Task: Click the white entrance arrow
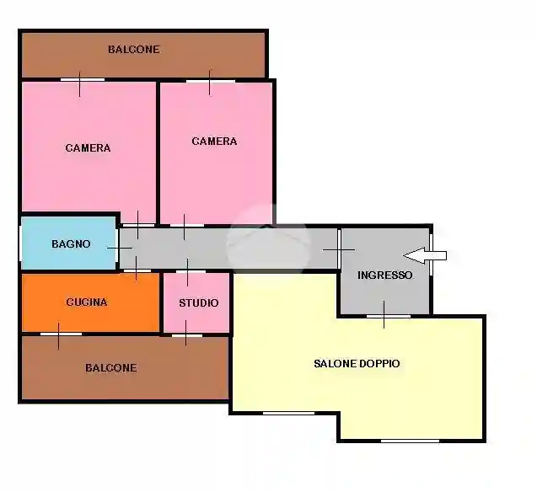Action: (x=425, y=255)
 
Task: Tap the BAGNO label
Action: (x=71, y=244)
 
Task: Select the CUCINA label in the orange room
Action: (x=87, y=302)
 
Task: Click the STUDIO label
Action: (x=199, y=302)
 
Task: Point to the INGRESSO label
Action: (x=384, y=275)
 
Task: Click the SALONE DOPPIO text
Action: (x=357, y=363)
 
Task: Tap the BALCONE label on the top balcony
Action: (x=134, y=49)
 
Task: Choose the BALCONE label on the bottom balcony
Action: (x=111, y=368)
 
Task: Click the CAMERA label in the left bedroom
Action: (x=88, y=147)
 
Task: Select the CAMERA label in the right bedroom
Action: (x=214, y=142)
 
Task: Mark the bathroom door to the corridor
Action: (x=117, y=248)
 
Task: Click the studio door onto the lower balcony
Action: (x=186, y=335)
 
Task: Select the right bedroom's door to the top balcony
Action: (x=211, y=81)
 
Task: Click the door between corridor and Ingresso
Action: (x=339, y=249)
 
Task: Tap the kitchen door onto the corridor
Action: (x=137, y=271)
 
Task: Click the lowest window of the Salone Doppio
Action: (x=410, y=441)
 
